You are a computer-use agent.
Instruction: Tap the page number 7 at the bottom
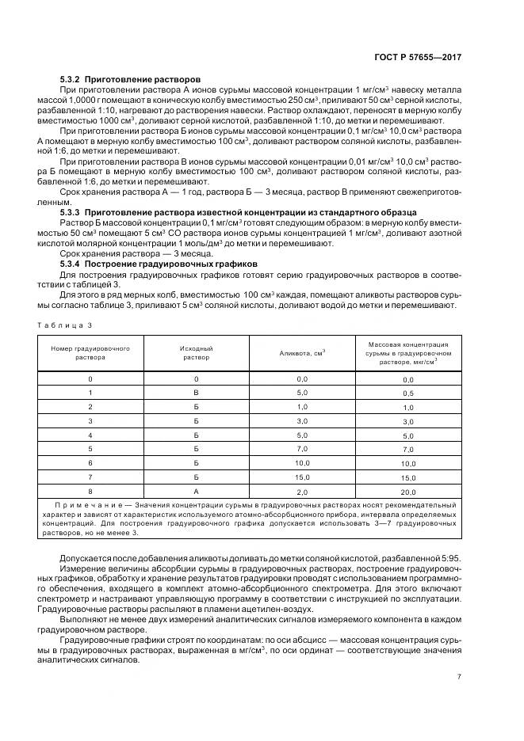pyautogui.click(x=459, y=676)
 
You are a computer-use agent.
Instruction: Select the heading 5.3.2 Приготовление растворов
pyautogui.click(x=131, y=79)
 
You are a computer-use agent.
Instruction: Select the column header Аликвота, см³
pyautogui.click(x=301, y=352)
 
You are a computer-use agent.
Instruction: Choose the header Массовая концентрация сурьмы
pyautogui.click(x=407, y=352)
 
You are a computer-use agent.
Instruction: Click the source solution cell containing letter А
pyautogui.click(x=196, y=490)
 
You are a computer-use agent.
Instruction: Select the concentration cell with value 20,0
pyautogui.click(x=407, y=491)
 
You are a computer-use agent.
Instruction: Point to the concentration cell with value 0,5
pyautogui.click(x=407, y=393)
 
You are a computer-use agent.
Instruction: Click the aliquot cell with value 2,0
pyautogui.click(x=301, y=490)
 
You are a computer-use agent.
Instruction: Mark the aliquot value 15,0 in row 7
pyautogui.click(x=301, y=477)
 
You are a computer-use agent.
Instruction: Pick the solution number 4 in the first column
pyautogui.click(x=90, y=435)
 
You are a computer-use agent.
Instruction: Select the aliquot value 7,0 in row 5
pyautogui.click(x=301, y=449)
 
